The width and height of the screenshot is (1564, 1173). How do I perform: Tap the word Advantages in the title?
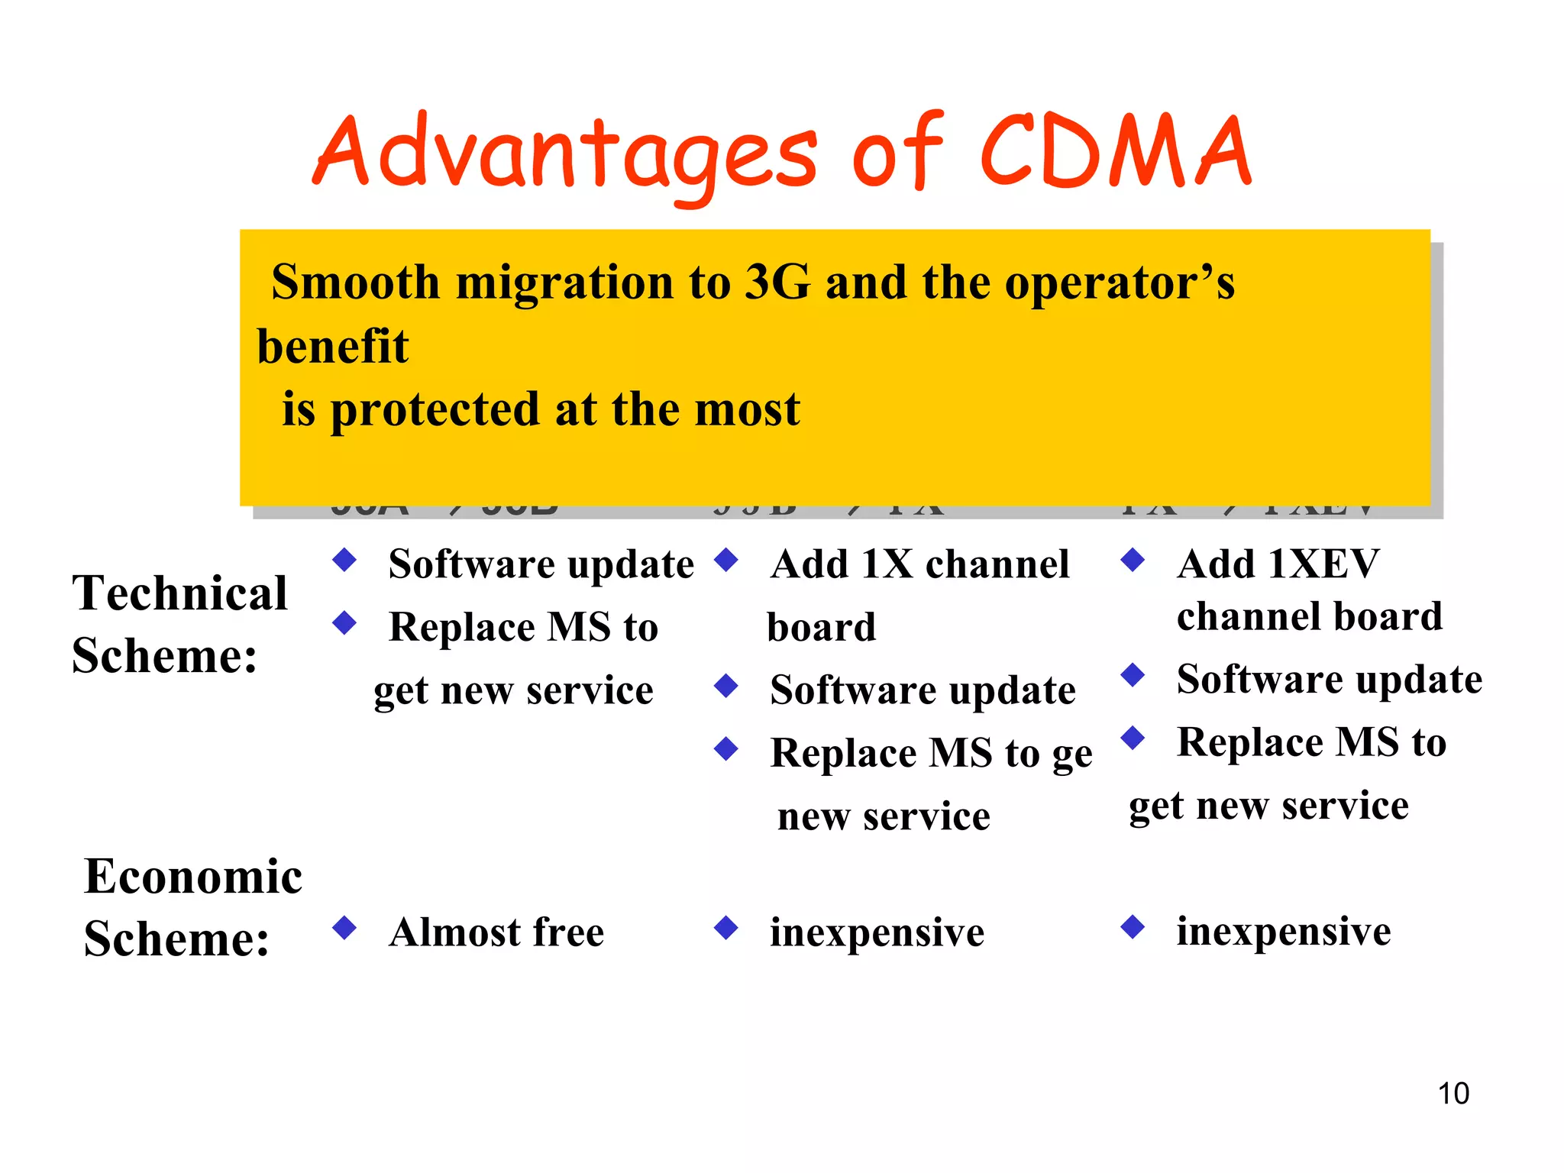(x=565, y=153)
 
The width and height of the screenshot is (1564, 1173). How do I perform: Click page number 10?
(x=1453, y=1094)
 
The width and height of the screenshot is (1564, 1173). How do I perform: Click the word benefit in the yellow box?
(x=332, y=347)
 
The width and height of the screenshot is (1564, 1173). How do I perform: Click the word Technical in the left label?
(x=180, y=593)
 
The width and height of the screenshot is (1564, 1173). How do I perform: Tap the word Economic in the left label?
(x=193, y=876)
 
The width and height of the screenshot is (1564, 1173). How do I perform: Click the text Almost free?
(x=496, y=932)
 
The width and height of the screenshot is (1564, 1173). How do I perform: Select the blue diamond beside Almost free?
(x=345, y=928)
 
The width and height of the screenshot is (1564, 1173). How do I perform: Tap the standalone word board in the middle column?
(x=821, y=628)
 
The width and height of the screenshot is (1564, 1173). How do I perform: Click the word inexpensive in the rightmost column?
(x=1284, y=932)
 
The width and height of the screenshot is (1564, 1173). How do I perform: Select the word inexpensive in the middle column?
(x=877, y=932)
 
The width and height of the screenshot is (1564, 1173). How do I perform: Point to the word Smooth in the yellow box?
(x=355, y=283)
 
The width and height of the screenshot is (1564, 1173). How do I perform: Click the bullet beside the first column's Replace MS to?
(x=345, y=623)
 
